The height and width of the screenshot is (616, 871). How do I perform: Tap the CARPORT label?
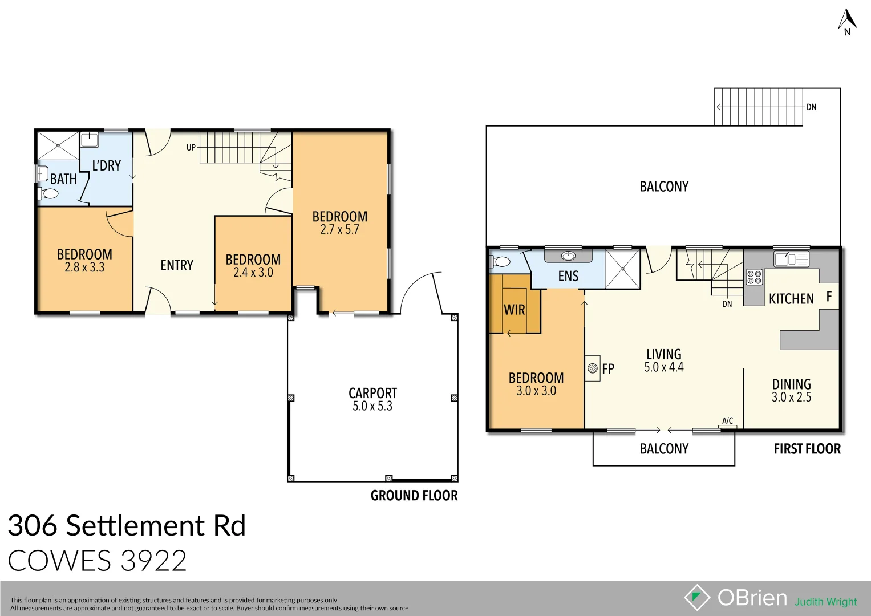(x=372, y=393)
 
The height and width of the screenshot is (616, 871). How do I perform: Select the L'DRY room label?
(x=107, y=166)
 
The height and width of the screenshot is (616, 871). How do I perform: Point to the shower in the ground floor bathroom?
(x=58, y=145)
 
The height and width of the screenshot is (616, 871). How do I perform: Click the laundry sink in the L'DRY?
(x=89, y=140)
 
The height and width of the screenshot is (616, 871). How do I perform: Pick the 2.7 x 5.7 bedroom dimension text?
(x=339, y=230)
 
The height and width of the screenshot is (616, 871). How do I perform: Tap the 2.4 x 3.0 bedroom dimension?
(x=253, y=273)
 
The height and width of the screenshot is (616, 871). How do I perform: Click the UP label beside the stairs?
(x=191, y=147)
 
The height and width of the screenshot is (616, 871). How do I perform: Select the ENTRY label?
(x=177, y=265)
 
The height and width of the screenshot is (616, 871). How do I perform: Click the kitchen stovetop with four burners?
(x=754, y=277)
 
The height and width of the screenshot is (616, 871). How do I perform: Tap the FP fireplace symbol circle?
(x=593, y=368)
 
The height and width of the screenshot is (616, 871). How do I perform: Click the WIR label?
(x=514, y=310)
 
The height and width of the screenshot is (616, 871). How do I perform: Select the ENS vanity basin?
(x=568, y=256)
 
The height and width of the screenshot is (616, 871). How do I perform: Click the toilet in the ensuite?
(x=501, y=262)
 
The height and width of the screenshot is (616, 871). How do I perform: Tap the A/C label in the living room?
(x=727, y=421)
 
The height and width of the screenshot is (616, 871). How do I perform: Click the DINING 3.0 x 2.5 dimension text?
(x=791, y=398)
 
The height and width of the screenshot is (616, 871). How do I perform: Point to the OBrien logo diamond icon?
(x=696, y=598)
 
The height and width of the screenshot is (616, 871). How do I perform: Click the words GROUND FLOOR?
(x=414, y=496)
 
